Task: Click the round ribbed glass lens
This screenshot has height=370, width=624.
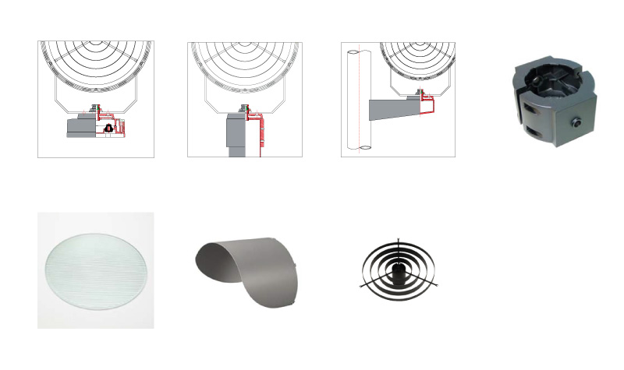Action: coord(95,270)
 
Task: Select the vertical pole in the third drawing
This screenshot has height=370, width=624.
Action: coord(358,101)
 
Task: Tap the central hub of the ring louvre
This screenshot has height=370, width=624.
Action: coord(399,268)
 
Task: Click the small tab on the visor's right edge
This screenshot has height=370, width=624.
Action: coord(300,267)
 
